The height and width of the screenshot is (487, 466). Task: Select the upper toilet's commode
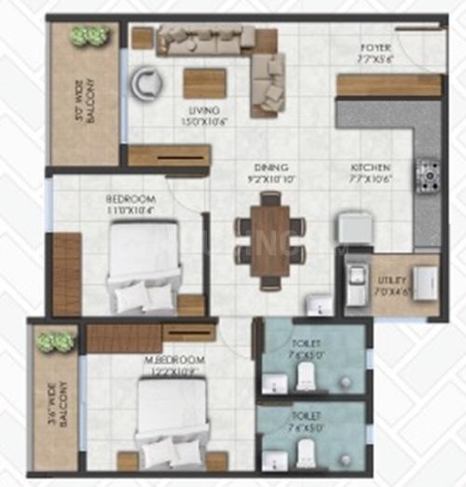tap(305, 375)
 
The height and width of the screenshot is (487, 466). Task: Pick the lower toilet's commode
tap(305, 453)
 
